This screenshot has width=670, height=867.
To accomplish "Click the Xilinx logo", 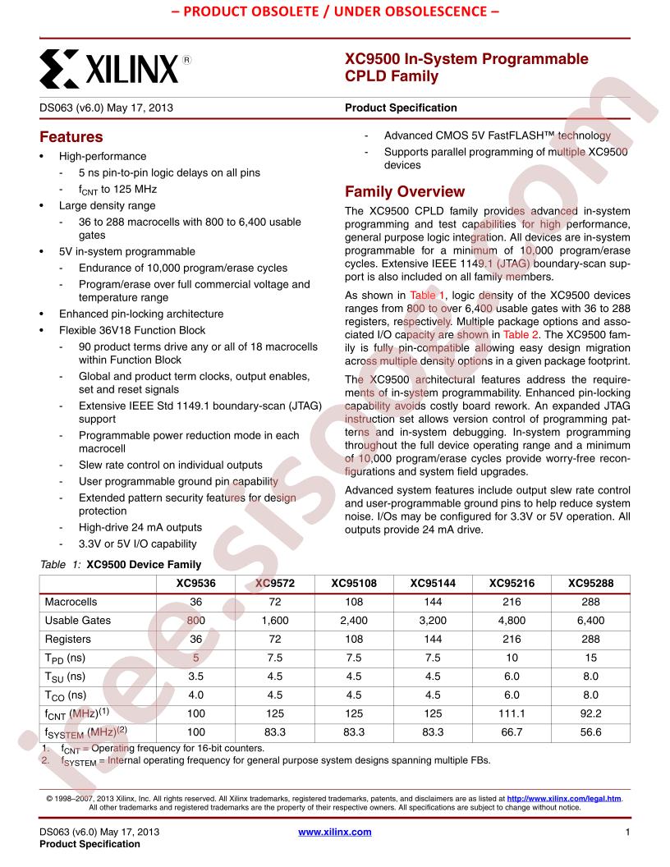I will pyautogui.click(x=109, y=68).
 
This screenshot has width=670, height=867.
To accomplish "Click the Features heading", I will pyautogui.click(x=71, y=137).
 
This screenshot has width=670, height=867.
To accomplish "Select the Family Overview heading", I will pyautogui.click(x=405, y=192).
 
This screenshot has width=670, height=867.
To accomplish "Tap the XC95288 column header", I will pyautogui.click(x=590, y=583).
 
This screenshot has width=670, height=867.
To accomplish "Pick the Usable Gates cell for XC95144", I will pyautogui.click(x=432, y=621).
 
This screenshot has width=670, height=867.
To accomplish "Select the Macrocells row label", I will pyautogui.click(x=71, y=602).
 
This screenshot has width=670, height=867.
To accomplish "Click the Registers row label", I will pyautogui.click(x=68, y=639).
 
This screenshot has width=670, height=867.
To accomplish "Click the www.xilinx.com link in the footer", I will pyautogui.click(x=335, y=832).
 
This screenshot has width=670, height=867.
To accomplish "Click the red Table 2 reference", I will pyautogui.click(x=521, y=335).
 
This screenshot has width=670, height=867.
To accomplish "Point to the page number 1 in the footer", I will pyautogui.click(x=626, y=832).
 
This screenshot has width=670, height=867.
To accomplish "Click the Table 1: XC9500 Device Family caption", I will pyautogui.click(x=120, y=565).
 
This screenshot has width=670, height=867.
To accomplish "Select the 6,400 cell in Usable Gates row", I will pyautogui.click(x=590, y=621).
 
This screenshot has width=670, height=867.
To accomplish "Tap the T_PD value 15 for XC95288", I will pyautogui.click(x=590, y=658).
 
